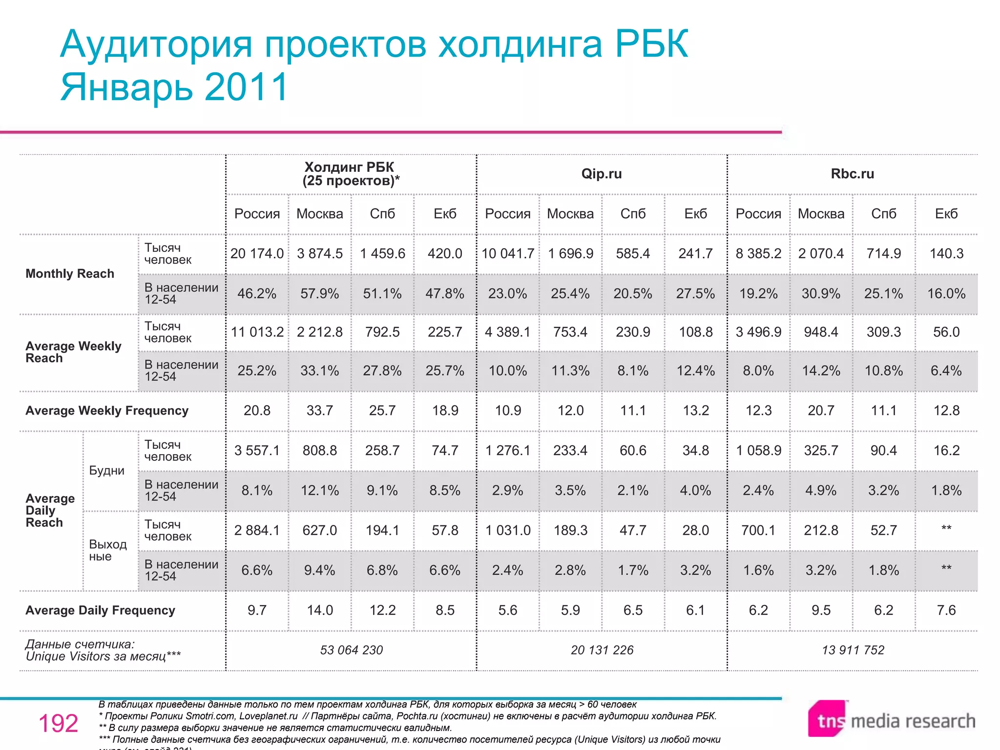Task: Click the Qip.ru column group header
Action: click(x=601, y=174)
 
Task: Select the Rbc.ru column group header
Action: click(x=852, y=174)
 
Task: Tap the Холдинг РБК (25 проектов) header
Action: click(x=351, y=174)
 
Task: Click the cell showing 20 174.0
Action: click(x=257, y=253)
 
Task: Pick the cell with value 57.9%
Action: click(x=319, y=293)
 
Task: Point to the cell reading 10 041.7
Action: click(x=508, y=253)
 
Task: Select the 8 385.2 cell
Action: click(x=758, y=253)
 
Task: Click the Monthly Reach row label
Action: click(x=70, y=273)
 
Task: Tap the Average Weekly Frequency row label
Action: click(x=107, y=411)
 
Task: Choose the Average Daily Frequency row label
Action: click(x=100, y=610)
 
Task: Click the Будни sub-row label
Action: click(x=106, y=471)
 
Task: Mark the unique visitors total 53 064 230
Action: click(x=351, y=650)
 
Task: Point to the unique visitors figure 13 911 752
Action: click(x=853, y=650)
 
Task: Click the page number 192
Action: click(x=58, y=723)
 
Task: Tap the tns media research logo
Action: click(x=891, y=720)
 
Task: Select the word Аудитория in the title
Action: click(x=156, y=44)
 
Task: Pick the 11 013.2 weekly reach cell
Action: click(x=257, y=332)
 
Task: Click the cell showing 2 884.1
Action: click(x=257, y=530)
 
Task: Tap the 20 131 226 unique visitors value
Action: click(x=602, y=650)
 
